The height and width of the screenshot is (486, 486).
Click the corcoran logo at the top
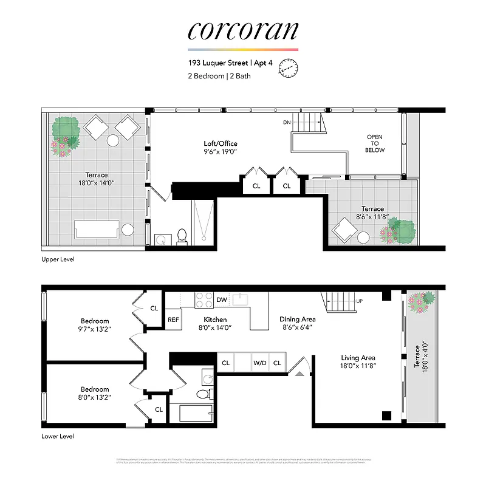pyautogui.click(x=243, y=30)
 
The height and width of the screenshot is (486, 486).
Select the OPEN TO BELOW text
pyautogui.click(x=375, y=143)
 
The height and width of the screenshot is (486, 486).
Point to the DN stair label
pyautogui.click(x=287, y=123)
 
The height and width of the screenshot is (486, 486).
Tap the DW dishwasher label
pyautogui.click(x=222, y=299)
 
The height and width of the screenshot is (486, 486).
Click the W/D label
pyautogui.click(x=260, y=363)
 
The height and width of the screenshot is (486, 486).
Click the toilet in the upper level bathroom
pyautogui.click(x=182, y=236)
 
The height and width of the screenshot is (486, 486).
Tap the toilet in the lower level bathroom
pyautogui.click(x=203, y=394)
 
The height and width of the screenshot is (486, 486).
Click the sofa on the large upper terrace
pyautogui.click(x=97, y=230)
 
